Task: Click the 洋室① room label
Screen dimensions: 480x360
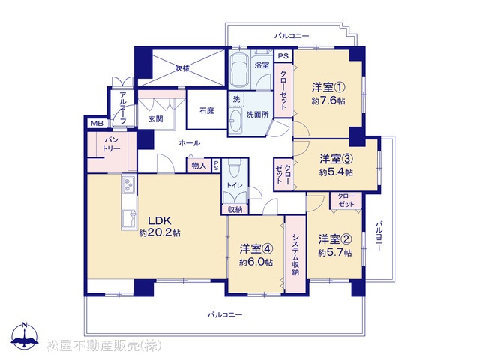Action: [x=328, y=88]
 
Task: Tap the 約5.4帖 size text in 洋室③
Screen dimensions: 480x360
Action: [x=336, y=172]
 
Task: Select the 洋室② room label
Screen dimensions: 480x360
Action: [x=335, y=239]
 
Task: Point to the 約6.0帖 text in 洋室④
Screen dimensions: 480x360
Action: [x=256, y=262]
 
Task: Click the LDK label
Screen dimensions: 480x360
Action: [x=160, y=220]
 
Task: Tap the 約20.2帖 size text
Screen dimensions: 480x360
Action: [x=160, y=233]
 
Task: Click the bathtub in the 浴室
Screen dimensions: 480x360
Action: [x=239, y=70]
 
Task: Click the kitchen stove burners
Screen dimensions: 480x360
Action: [x=128, y=184]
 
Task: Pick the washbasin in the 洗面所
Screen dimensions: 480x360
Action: [x=235, y=121]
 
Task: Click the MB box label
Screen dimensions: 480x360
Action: [x=97, y=123]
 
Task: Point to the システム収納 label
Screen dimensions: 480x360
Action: [x=295, y=255]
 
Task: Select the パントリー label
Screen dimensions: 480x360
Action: [x=112, y=145]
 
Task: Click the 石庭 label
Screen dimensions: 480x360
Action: [x=207, y=110]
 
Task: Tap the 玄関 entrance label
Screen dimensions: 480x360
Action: [x=156, y=118]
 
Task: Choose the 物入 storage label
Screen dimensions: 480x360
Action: [x=199, y=166]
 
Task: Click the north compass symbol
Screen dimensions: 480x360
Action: [x=25, y=335]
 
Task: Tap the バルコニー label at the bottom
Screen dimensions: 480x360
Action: [x=225, y=314]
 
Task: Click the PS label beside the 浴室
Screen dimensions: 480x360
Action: [x=283, y=56]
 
